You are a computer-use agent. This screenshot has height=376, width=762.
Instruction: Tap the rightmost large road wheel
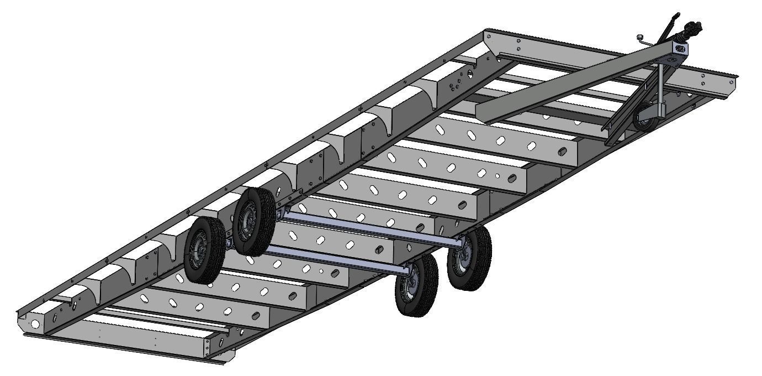(x=469, y=258)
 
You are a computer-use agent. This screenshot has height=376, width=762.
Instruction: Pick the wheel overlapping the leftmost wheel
(x=254, y=221)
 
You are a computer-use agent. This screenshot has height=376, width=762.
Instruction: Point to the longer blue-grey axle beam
(x=370, y=227)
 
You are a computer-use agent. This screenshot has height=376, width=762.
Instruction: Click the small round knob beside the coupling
(x=639, y=38)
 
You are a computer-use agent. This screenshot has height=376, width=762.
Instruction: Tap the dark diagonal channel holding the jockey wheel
(x=635, y=111)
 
